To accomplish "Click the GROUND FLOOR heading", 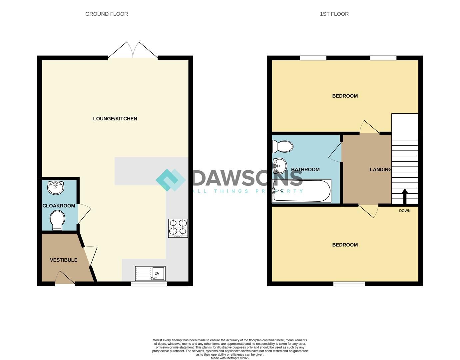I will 107,14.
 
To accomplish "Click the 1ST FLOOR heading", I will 334,14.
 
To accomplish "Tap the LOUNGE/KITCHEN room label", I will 115,119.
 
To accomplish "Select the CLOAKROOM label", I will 59,206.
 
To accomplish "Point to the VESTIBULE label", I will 64,260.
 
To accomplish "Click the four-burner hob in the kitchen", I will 178,228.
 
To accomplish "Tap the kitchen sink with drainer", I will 150,273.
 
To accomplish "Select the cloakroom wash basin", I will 56,188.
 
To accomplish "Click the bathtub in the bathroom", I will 301,191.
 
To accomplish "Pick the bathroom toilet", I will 282,146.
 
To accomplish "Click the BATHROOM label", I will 305,169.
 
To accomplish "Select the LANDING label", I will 380,169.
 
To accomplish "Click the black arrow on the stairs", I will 405,196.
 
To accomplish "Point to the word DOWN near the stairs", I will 405,211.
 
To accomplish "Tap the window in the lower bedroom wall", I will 349,284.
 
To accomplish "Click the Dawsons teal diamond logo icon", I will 170,180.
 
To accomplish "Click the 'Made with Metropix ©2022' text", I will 230,358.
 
